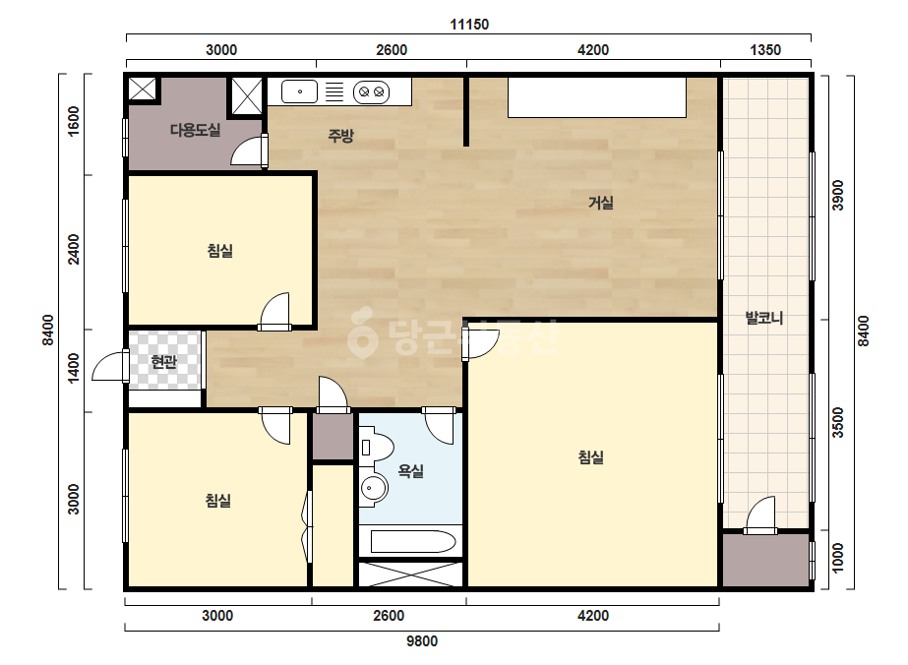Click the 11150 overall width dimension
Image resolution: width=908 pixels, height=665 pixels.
click(x=469, y=25)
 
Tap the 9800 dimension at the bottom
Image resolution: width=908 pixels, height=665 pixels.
click(x=422, y=641)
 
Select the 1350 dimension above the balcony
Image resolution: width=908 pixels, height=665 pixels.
click(x=765, y=50)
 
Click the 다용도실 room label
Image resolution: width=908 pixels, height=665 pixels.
click(x=195, y=130)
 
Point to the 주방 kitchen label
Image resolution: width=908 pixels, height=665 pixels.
click(x=340, y=136)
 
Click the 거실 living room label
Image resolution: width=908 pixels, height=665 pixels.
click(x=601, y=203)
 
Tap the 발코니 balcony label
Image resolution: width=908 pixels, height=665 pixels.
click(x=764, y=318)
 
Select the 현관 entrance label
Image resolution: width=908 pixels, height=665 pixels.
click(x=163, y=362)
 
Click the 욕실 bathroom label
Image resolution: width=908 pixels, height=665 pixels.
click(x=410, y=471)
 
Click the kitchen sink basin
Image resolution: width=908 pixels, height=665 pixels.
click(x=299, y=91)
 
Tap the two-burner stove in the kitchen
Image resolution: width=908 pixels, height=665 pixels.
click(x=371, y=91)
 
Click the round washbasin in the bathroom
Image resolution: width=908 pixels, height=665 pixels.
click(x=374, y=489)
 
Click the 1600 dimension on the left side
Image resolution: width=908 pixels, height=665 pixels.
click(x=74, y=121)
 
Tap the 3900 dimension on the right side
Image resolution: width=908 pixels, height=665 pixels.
click(x=837, y=196)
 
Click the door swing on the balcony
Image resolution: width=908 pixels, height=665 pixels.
click(x=760, y=514)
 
